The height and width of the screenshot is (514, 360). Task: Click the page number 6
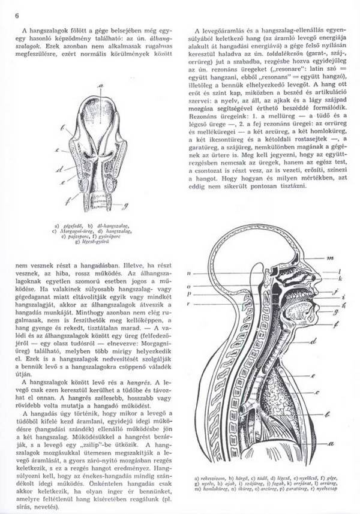coord(17,15)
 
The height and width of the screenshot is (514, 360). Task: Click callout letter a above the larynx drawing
coord(101,85)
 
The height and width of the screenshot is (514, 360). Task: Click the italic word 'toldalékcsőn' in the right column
coord(280,70)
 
